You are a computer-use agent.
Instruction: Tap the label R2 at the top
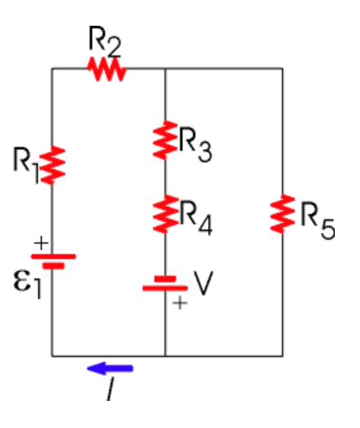tap(105, 42)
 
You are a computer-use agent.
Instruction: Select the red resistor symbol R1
tap(54, 165)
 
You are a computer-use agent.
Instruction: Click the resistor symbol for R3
tap(166, 139)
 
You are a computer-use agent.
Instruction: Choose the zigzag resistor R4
tap(166, 215)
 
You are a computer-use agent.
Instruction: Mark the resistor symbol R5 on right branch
tap(283, 215)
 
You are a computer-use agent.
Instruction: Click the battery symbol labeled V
tap(165, 284)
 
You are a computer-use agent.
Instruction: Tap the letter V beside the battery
tap(203, 284)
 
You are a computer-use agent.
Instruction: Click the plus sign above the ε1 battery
tap(41, 243)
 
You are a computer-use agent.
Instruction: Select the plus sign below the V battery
tap(180, 303)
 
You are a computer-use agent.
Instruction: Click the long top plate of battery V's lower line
tap(165, 288)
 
